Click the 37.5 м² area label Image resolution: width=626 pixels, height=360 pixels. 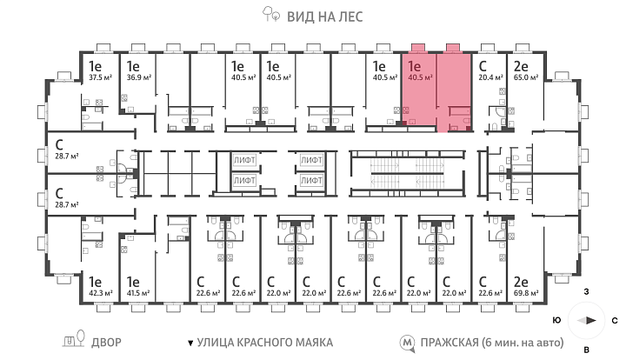100,77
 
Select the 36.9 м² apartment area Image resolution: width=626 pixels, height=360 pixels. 138,77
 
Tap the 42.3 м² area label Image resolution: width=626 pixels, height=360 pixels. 100,293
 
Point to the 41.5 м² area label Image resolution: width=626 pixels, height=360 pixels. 138,293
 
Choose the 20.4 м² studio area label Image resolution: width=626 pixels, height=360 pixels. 490,77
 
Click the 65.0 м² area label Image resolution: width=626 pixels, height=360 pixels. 526,77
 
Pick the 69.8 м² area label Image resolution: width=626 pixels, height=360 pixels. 526,293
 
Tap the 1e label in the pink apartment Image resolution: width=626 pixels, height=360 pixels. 415,66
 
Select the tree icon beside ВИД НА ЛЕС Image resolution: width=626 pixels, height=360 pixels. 270,14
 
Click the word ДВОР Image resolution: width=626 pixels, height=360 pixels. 106,343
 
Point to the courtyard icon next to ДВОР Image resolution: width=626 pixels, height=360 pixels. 74,339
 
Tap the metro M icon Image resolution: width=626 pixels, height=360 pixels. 407,343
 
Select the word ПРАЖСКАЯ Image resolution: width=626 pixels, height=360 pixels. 450,343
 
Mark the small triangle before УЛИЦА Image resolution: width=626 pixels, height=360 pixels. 190,343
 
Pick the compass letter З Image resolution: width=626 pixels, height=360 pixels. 587,292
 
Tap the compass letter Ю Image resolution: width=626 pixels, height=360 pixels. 557,321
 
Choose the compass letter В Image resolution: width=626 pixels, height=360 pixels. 587,350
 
